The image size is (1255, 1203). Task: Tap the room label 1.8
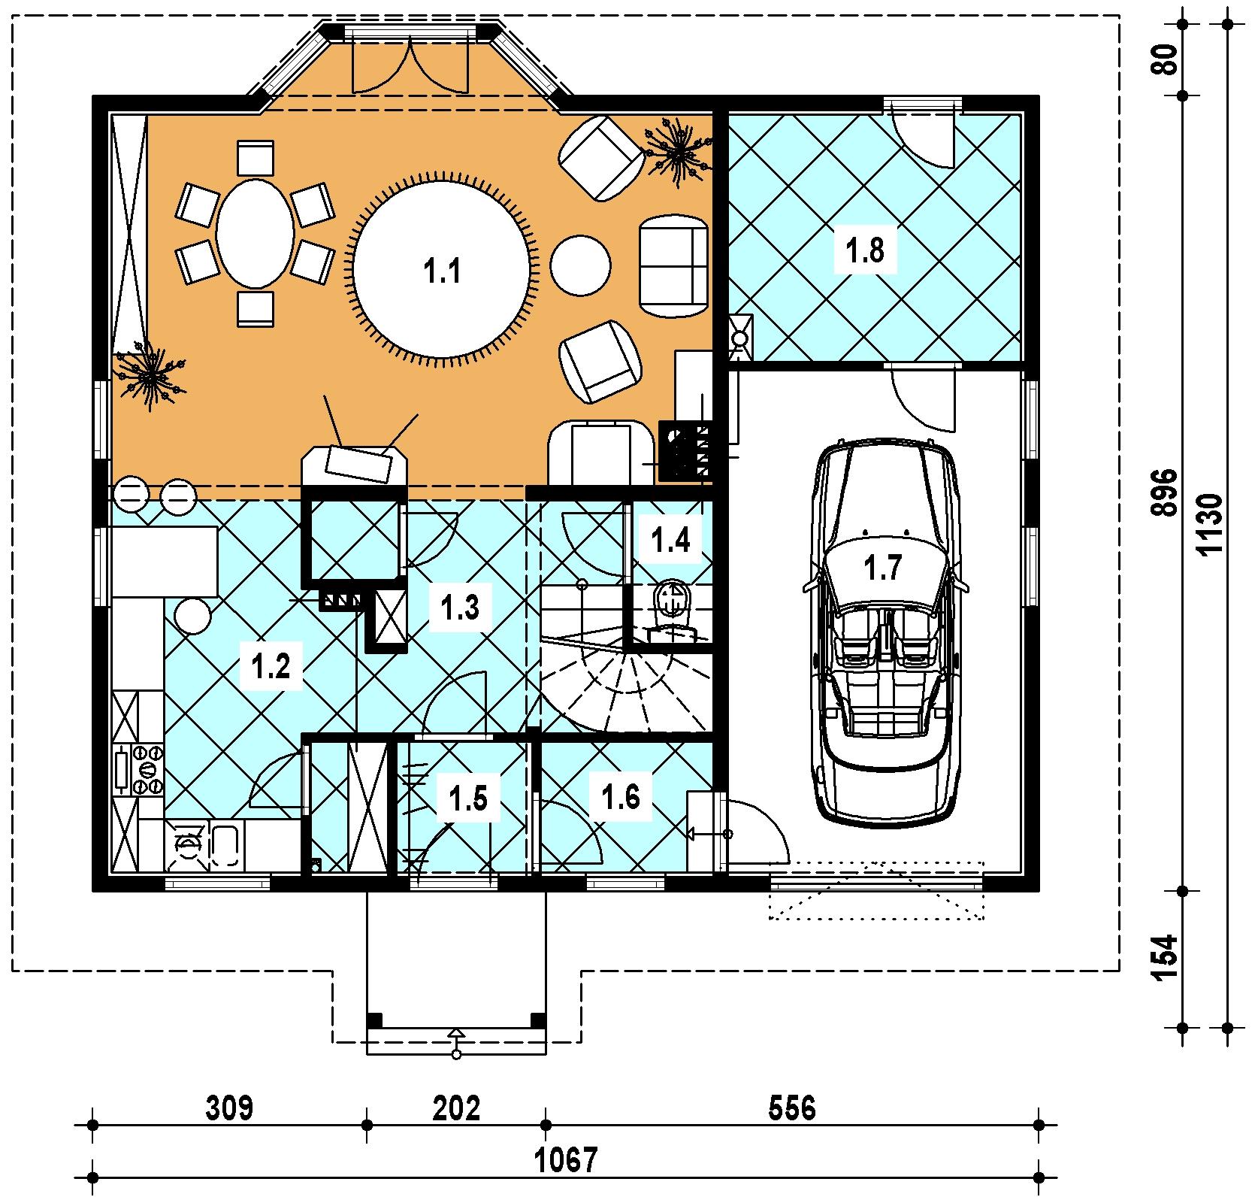point(865,250)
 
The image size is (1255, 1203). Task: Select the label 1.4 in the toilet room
point(671,540)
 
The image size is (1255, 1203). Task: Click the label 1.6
point(621,796)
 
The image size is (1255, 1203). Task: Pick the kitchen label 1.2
point(271,666)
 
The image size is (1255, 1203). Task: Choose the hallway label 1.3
point(460,608)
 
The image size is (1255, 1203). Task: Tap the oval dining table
point(256,233)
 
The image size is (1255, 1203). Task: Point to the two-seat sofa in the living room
point(673,267)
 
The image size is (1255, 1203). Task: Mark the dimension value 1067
point(567,1160)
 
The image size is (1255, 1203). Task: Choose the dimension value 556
point(792,1108)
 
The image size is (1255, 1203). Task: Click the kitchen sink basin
point(225,847)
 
